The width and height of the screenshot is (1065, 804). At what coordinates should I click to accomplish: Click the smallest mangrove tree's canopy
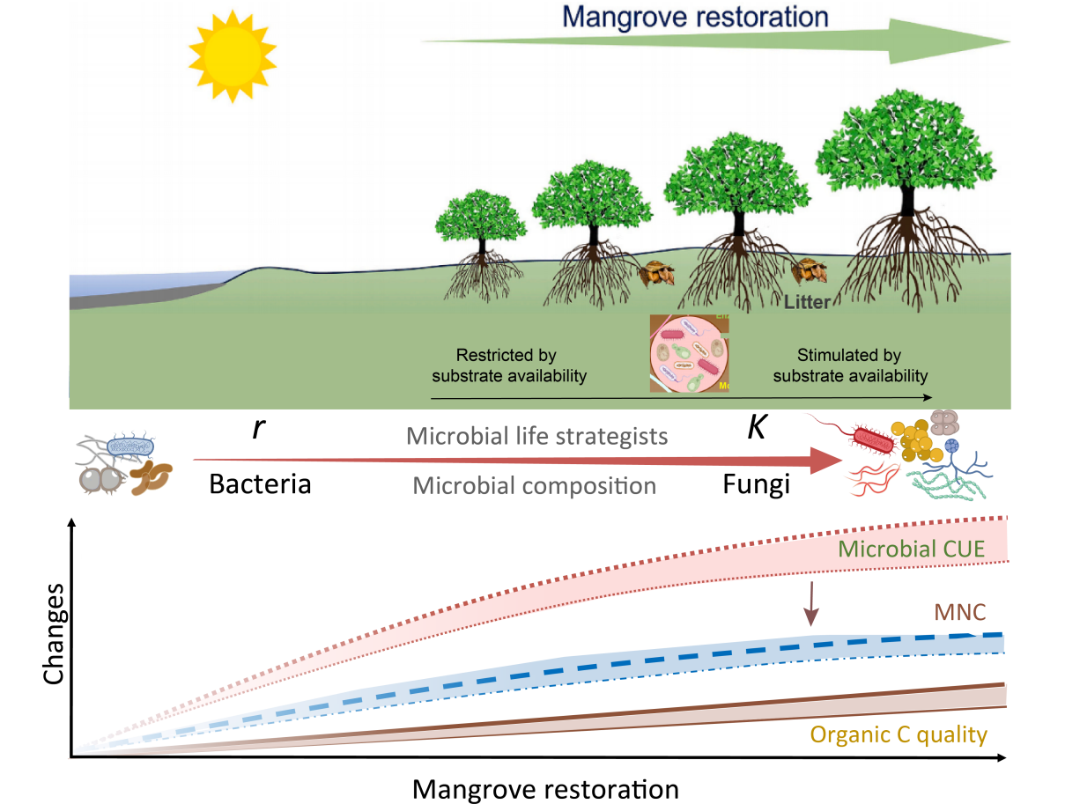(481, 217)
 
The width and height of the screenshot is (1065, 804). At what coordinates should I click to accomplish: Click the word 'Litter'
(807, 303)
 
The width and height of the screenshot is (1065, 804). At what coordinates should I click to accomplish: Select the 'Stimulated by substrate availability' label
(849, 365)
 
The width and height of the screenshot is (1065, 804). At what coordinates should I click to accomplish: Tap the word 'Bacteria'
(260, 483)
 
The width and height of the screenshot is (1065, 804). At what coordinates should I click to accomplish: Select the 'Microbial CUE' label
(910, 550)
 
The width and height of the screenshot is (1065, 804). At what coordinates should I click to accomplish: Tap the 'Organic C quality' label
(899, 734)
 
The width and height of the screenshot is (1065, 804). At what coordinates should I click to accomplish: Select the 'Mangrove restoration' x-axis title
(546, 786)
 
